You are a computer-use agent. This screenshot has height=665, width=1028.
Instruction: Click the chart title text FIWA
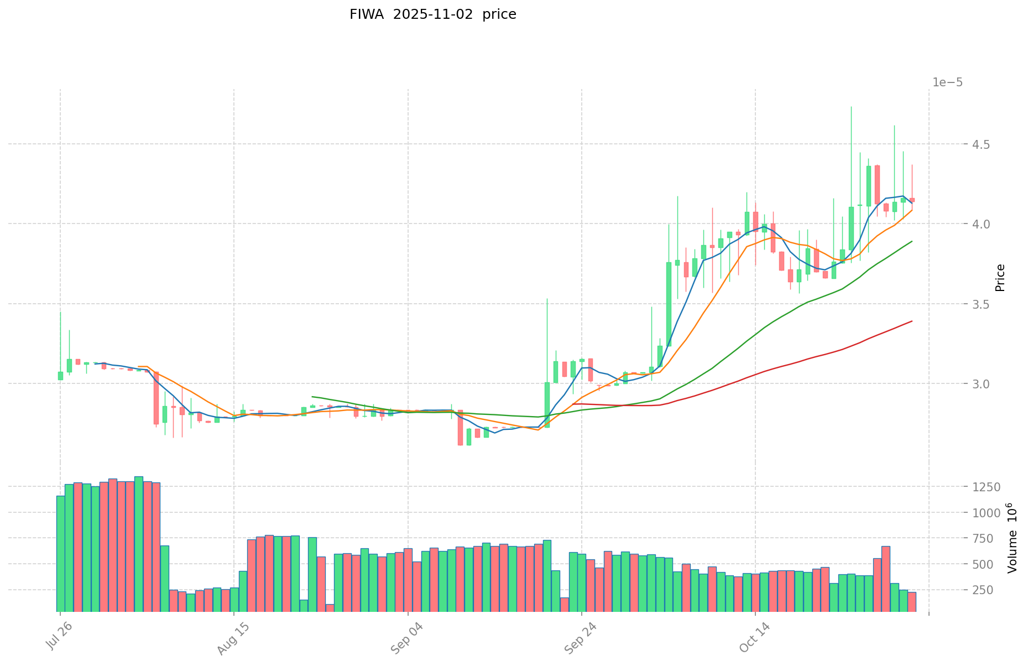[367, 14]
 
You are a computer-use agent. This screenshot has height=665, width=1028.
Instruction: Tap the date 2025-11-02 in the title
[433, 14]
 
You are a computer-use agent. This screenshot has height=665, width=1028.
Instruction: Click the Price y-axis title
[1000, 278]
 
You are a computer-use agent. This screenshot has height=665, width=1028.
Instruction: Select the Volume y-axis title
[1012, 538]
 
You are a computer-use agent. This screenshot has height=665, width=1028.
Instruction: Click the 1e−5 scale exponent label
[947, 82]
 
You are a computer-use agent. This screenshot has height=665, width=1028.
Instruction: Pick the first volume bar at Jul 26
[60, 554]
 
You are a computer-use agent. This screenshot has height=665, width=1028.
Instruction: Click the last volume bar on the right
[912, 602]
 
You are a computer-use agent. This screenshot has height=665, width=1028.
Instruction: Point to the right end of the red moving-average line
[912, 321]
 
